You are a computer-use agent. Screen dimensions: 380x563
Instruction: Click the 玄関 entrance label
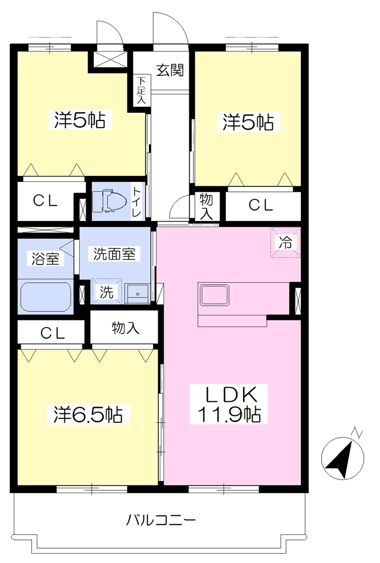coord(170,70)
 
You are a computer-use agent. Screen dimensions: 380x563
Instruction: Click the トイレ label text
coord(137,202)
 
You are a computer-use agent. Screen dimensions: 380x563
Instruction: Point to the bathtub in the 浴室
coord(46,296)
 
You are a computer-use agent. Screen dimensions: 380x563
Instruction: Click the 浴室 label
coord(46,258)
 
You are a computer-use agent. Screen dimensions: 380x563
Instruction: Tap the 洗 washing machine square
coord(107,291)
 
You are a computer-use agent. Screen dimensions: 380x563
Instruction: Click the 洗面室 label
coord(114,254)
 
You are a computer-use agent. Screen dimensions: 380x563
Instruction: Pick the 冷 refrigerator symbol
coord(286,242)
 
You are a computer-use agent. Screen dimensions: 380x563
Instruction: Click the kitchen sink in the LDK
coord(214,295)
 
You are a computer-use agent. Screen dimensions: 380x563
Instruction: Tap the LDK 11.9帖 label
coord(229,405)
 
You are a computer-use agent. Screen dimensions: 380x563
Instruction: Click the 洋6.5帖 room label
coord(88,415)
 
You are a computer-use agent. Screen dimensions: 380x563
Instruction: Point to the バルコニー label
coord(160,520)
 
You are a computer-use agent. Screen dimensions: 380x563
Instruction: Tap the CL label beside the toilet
coord(45,201)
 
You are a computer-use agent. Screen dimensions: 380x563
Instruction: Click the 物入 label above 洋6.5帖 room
coord(125,328)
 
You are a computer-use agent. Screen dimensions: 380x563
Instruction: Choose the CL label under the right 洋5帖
coord(261,206)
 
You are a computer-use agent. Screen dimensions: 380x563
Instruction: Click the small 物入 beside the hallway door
coord(206,206)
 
